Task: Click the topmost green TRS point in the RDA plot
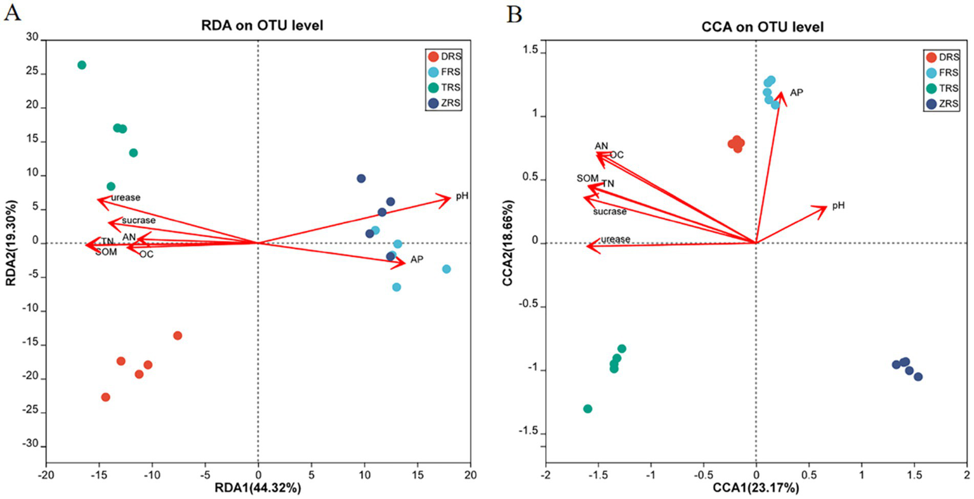click(82, 65)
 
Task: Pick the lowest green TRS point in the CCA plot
click(588, 409)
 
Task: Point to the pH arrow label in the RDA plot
click(461, 196)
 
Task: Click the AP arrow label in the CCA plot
click(796, 93)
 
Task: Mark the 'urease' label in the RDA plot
click(126, 198)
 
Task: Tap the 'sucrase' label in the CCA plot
click(610, 211)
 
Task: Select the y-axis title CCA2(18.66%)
click(508, 242)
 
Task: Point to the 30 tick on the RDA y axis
click(32, 37)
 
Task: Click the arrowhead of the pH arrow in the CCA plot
click(824, 207)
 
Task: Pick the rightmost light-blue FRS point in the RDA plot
click(447, 269)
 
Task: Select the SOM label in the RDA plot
click(106, 252)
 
